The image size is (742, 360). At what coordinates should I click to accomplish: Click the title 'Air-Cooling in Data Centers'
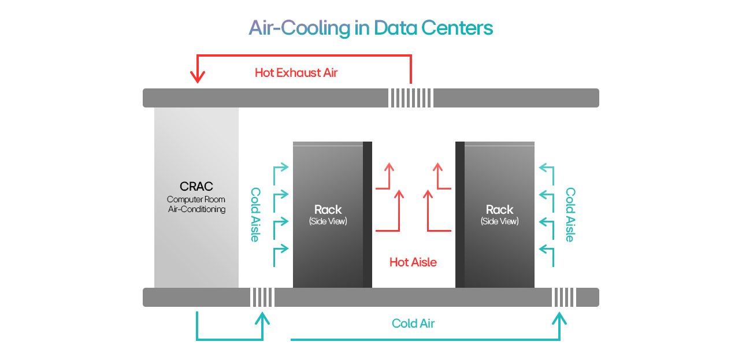[370, 28]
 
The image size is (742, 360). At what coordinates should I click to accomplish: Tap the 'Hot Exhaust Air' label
[296, 73]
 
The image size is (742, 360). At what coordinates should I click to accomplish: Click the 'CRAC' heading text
[196, 187]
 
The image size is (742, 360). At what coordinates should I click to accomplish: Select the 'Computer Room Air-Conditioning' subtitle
[196, 205]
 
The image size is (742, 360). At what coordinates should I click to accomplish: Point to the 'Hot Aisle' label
[413, 262]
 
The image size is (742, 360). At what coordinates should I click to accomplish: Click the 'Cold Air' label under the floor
[413, 324]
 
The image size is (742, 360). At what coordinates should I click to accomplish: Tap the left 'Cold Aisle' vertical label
[255, 214]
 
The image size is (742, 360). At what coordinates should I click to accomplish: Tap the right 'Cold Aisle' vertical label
[570, 214]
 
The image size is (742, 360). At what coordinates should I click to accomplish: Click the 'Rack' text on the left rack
[328, 210]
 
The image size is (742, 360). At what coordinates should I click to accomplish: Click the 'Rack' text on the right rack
[499, 210]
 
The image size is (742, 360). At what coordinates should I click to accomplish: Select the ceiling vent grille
[410, 98]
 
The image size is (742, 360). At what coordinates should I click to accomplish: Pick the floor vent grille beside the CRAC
[262, 297]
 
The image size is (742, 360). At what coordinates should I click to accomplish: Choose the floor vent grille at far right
[564, 297]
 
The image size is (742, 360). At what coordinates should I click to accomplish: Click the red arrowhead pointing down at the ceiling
[198, 77]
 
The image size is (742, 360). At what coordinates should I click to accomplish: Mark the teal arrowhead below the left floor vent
[263, 318]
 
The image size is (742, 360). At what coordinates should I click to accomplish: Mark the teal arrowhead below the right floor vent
[559, 318]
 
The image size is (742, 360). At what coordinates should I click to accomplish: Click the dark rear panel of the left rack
[367, 214]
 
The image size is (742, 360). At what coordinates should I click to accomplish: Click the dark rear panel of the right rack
[460, 214]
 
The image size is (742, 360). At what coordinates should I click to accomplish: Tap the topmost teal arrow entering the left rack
[281, 168]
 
